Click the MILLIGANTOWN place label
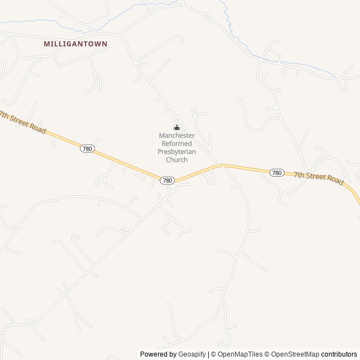point(75,43)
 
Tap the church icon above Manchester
point(177,127)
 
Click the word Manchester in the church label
point(177,136)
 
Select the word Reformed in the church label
point(177,143)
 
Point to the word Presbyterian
point(177,152)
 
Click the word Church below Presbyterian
point(177,160)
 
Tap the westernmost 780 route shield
point(87,148)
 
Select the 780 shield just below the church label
point(167,181)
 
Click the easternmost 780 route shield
point(276,173)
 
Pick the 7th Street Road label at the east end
point(318,178)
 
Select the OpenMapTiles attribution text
point(240,354)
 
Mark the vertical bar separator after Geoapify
point(209,354)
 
